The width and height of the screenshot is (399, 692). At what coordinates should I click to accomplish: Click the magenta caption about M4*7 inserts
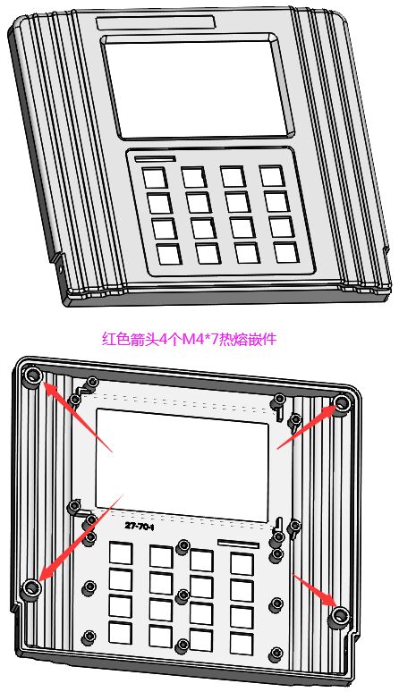pos(190,339)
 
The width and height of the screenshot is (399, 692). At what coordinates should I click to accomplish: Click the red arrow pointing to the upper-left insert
pos(77,416)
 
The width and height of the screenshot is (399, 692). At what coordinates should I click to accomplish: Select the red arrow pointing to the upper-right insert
pos(308,426)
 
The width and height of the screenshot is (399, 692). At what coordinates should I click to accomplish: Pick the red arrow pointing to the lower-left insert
pos(81,537)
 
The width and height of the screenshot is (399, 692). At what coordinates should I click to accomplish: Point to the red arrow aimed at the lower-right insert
pos(314,590)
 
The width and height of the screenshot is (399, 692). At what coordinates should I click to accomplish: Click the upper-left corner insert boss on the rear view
pos(33,376)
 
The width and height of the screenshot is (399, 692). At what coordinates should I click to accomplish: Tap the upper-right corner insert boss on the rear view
pos(341,402)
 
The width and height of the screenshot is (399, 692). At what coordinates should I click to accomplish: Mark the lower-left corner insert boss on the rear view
pos(31,587)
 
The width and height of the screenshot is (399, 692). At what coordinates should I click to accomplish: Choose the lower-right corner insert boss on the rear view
pos(340,615)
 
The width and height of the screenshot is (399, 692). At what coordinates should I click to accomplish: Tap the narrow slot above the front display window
pos(156,22)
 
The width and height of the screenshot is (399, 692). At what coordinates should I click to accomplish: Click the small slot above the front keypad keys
pos(156,158)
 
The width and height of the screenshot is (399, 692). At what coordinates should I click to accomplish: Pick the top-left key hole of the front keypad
pos(155,178)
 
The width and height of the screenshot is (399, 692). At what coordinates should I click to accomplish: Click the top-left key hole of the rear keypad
pos(121,553)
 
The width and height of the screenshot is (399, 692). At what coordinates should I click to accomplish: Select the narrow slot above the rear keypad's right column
pos(238,544)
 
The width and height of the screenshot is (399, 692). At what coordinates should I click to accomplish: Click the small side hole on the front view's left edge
pos(61,268)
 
